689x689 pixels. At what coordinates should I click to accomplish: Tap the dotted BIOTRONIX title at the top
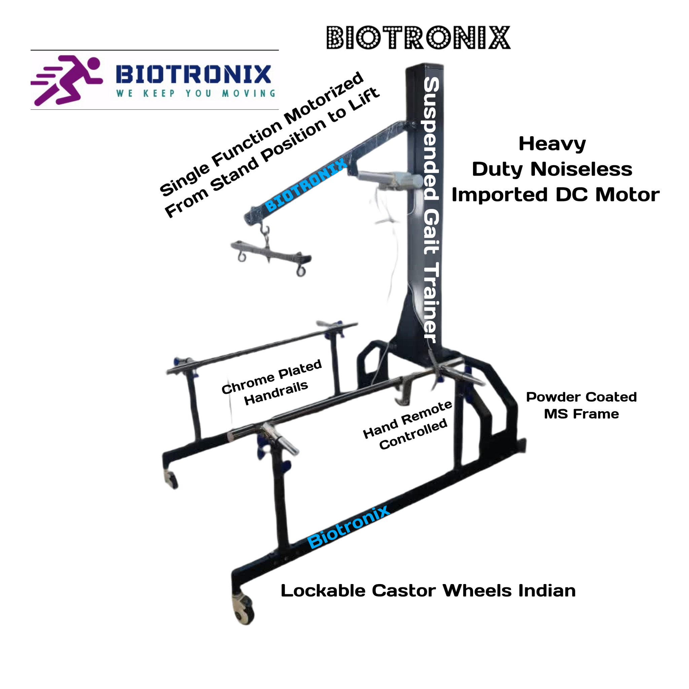tap(419, 37)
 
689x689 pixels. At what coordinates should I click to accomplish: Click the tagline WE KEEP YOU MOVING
tap(196, 94)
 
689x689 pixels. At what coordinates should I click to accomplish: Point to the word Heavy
tap(552, 144)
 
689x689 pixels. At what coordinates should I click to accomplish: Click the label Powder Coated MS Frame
tap(581, 405)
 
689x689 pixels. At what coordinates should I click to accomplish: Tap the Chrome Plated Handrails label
tap(272, 382)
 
